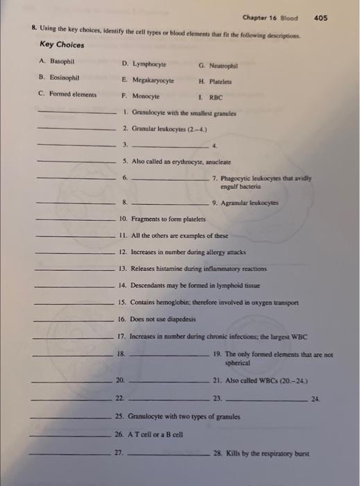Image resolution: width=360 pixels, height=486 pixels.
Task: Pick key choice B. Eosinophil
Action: coord(60,77)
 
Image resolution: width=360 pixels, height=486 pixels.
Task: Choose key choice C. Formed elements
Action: coord(67,93)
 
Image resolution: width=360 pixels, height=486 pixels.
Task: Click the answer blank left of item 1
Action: coord(76,112)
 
